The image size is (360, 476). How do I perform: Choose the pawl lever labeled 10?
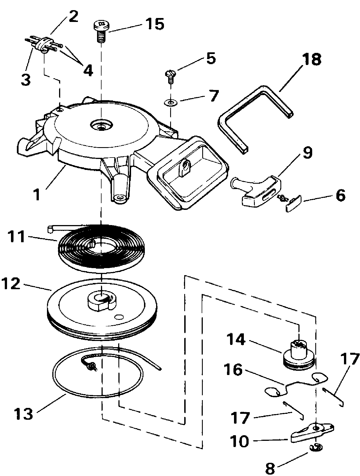(x=312, y=436)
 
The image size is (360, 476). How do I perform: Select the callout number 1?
(x=37, y=195)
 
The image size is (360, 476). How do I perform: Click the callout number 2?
(x=73, y=17)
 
